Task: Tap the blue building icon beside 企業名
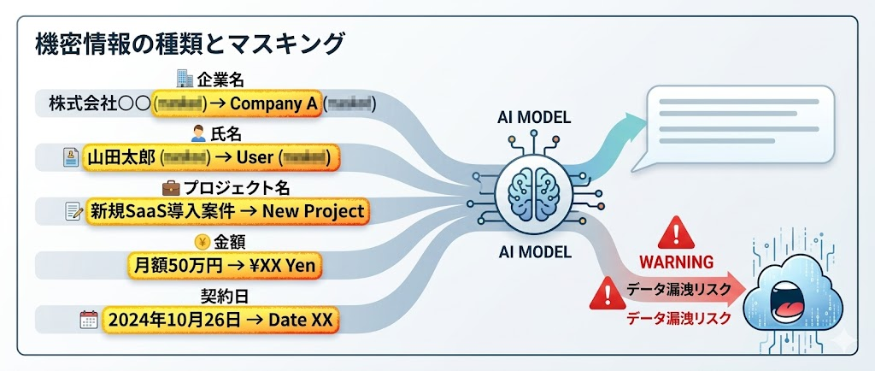184,79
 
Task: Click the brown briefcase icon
171,187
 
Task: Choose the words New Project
314,210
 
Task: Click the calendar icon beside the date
88,321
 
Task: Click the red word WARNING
677,261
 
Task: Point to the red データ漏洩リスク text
678,318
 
